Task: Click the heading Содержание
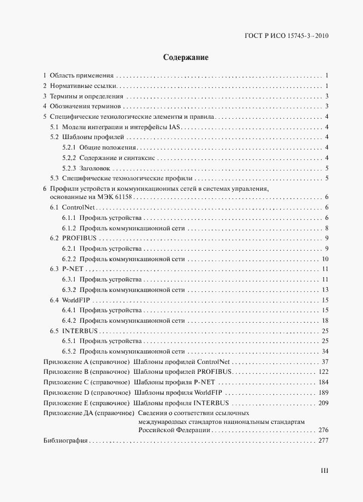click(181, 57)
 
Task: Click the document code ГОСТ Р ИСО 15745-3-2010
click(286, 37)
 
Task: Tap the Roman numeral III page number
click(324, 471)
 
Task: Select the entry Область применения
click(81, 75)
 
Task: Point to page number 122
click(323, 372)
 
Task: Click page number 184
click(323, 383)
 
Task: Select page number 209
click(323, 403)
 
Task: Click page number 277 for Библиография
click(323, 440)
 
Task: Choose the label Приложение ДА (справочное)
click(89, 412)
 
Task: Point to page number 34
click(325, 351)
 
